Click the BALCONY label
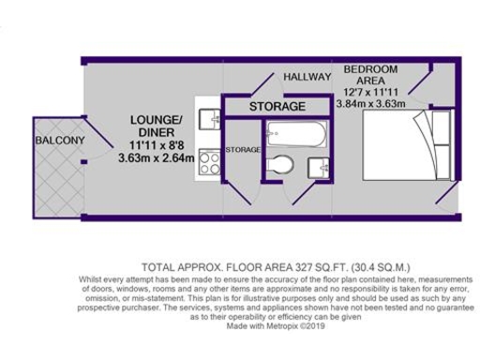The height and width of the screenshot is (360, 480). point(58,141)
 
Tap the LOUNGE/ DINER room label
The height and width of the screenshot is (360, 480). point(155,127)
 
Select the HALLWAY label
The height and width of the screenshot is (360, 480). point(307,77)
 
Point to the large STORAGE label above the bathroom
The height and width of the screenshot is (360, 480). point(277,107)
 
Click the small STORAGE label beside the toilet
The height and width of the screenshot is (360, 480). point(243,149)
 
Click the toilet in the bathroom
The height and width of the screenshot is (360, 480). point(280,166)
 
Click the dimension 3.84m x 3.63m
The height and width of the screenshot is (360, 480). point(372,105)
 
